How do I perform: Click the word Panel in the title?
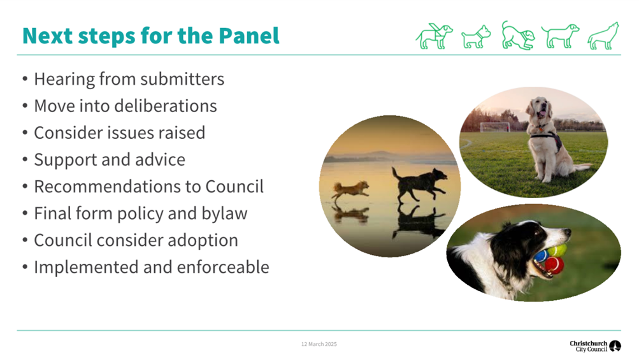[x=249, y=36]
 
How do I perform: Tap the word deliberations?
[x=166, y=106]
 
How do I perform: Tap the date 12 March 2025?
[x=319, y=344]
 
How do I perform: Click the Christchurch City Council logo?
[x=595, y=346]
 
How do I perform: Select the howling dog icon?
[x=603, y=36]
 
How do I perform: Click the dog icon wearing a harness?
[x=434, y=36]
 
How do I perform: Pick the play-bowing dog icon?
[x=518, y=36]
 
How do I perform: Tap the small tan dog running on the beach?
[x=350, y=191]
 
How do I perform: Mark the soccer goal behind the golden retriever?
[x=495, y=127]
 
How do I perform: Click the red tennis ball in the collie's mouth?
[x=554, y=265]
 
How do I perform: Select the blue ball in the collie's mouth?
[x=541, y=256]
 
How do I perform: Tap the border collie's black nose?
[x=566, y=232]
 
